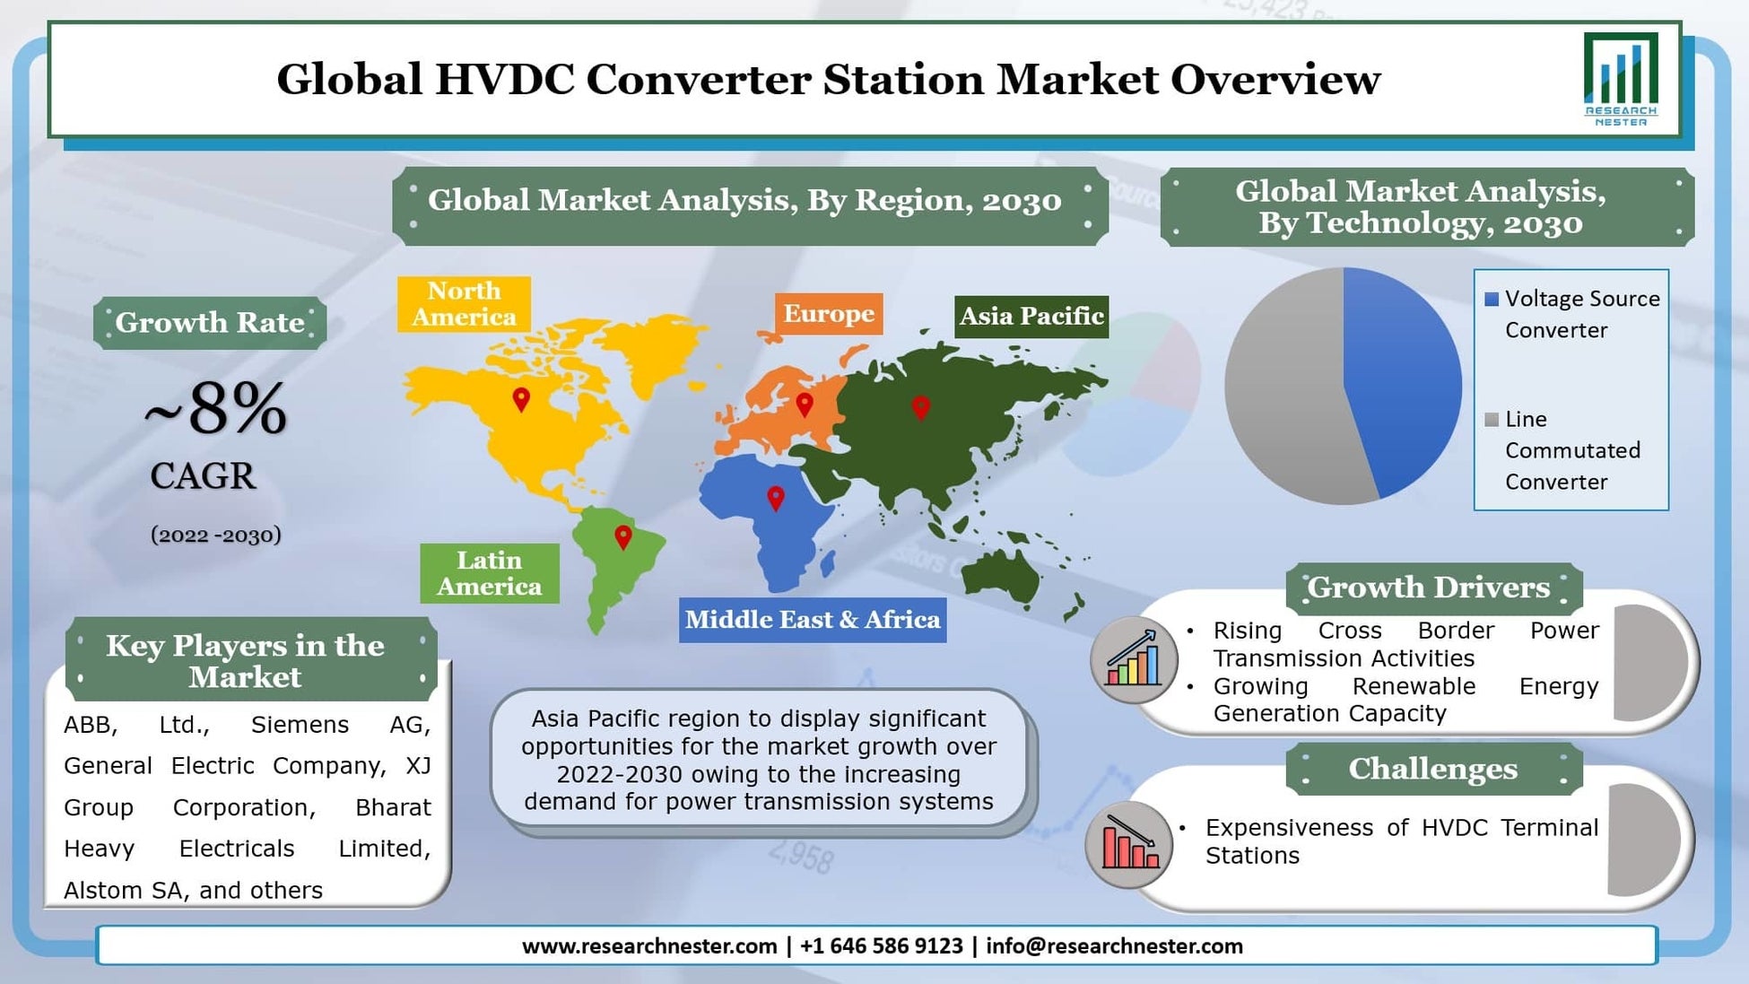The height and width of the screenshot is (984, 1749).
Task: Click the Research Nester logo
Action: pos(1620,80)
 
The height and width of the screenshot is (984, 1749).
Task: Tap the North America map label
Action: pos(464,304)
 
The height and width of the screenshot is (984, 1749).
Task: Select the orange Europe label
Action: pos(828,314)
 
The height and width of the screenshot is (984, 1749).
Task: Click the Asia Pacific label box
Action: pos(1031,317)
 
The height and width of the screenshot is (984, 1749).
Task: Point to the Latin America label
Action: pos(489,573)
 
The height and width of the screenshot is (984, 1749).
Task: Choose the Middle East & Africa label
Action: pos(812,620)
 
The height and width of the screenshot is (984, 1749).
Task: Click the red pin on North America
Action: pos(521,398)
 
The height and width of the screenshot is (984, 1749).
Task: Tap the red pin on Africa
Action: pos(776,497)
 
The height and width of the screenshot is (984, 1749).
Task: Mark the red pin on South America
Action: pos(622,536)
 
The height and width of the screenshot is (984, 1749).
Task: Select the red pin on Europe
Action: pos(805,404)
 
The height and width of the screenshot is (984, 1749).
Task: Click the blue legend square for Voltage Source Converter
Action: pos(1492,300)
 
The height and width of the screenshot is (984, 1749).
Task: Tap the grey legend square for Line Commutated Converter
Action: pos(1492,420)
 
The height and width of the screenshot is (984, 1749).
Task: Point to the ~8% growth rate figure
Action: pos(215,409)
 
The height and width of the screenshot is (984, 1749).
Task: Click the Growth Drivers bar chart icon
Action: pos(1134,660)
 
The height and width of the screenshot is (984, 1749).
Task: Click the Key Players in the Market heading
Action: pos(245,660)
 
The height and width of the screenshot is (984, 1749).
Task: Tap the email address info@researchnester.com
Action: pos(1114,946)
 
